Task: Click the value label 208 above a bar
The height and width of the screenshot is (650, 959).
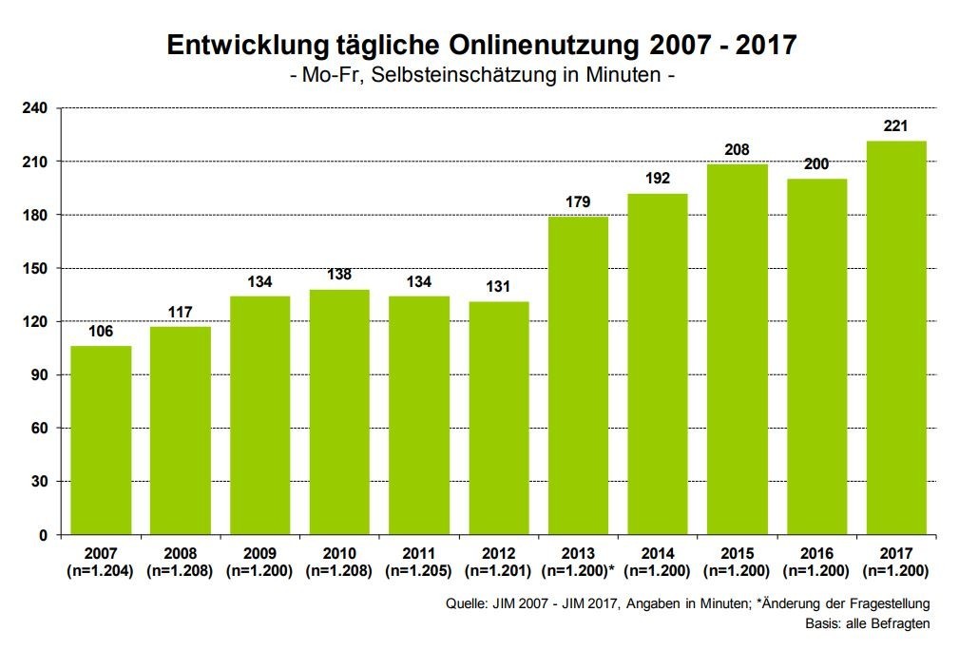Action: tap(737, 150)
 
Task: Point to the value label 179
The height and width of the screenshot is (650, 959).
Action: tap(578, 201)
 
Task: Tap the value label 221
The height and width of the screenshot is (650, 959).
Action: tap(896, 126)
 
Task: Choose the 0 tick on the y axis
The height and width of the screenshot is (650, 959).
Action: tap(43, 535)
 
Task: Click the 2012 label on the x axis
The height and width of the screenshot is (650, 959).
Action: tap(498, 552)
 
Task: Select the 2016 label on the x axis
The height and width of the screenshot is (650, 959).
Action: tap(816, 552)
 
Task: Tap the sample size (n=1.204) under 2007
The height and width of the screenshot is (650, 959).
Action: tap(101, 570)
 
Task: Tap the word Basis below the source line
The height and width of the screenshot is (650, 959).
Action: tap(822, 623)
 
